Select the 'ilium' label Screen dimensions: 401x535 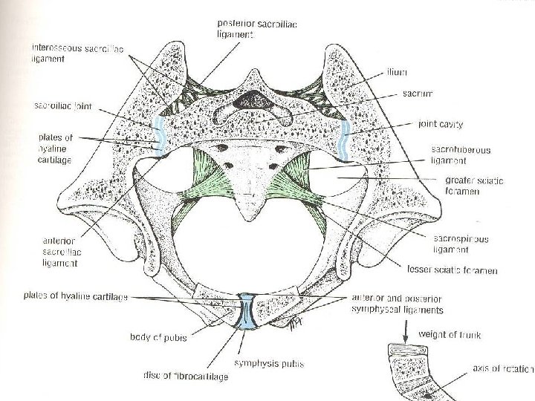(397, 73)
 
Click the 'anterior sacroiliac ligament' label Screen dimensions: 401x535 (63, 251)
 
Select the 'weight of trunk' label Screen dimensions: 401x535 (450, 335)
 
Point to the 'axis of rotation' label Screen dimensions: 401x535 (502, 368)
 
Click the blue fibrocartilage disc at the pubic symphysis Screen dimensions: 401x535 (246, 313)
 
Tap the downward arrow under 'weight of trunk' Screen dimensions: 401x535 (407, 336)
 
